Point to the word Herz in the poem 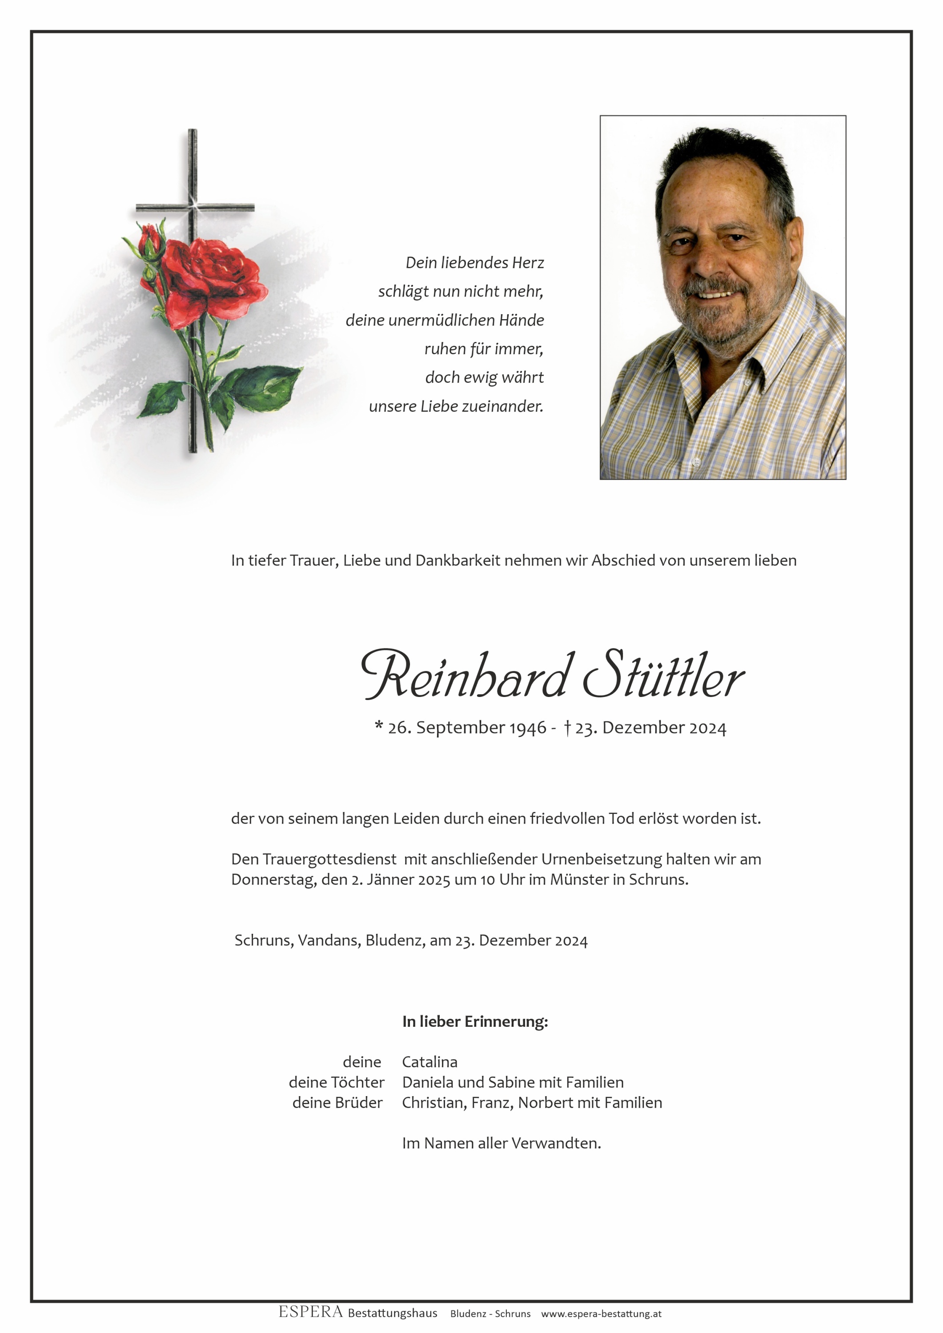coord(528,263)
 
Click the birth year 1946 coord(528,728)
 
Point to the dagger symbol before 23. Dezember coord(567,728)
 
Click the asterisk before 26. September coord(379,726)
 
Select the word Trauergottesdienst coord(329,859)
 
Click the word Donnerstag coord(274,880)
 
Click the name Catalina coord(429,1062)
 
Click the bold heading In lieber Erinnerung coord(475,1021)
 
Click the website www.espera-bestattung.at coord(601,1314)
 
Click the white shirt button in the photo coord(697,462)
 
